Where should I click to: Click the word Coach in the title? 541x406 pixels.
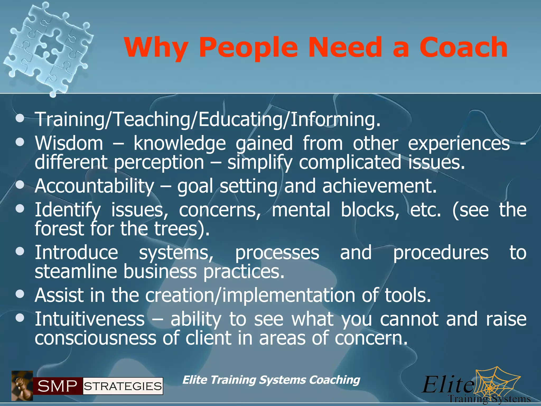pyautogui.click(x=463, y=48)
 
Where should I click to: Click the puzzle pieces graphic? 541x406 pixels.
pyautogui.click(x=49, y=48)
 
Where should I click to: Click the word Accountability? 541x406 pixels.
pyautogui.click(x=94, y=186)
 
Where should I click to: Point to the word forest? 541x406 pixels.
pyautogui.click(x=59, y=229)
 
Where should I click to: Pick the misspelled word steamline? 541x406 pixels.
pyautogui.click(x=76, y=271)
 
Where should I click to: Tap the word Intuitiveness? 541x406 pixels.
pyautogui.click(x=90, y=319)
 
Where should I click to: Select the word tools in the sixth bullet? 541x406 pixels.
pyautogui.click(x=407, y=295)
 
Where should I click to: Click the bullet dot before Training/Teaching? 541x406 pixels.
pyautogui.click(x=20, y=118)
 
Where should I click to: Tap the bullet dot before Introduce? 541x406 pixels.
pyautogui.click(x=20, y=251)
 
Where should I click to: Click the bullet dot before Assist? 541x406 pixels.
pyautogui.click(x=20, y=294)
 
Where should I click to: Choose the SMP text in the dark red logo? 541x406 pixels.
pyautogui.click(x=57, y=386)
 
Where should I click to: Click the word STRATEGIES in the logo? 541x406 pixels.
pyautogui.click(x=123, y=386)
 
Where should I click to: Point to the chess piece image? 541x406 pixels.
pyautogui.click(x=22, y=386)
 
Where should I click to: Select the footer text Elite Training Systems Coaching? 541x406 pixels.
pyautogui.click(x=271, y=380)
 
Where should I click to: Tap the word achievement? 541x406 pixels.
pyautogui.click(x=379, y=186)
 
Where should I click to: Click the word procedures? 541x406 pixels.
pyautogui.click(x=441, y=253)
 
